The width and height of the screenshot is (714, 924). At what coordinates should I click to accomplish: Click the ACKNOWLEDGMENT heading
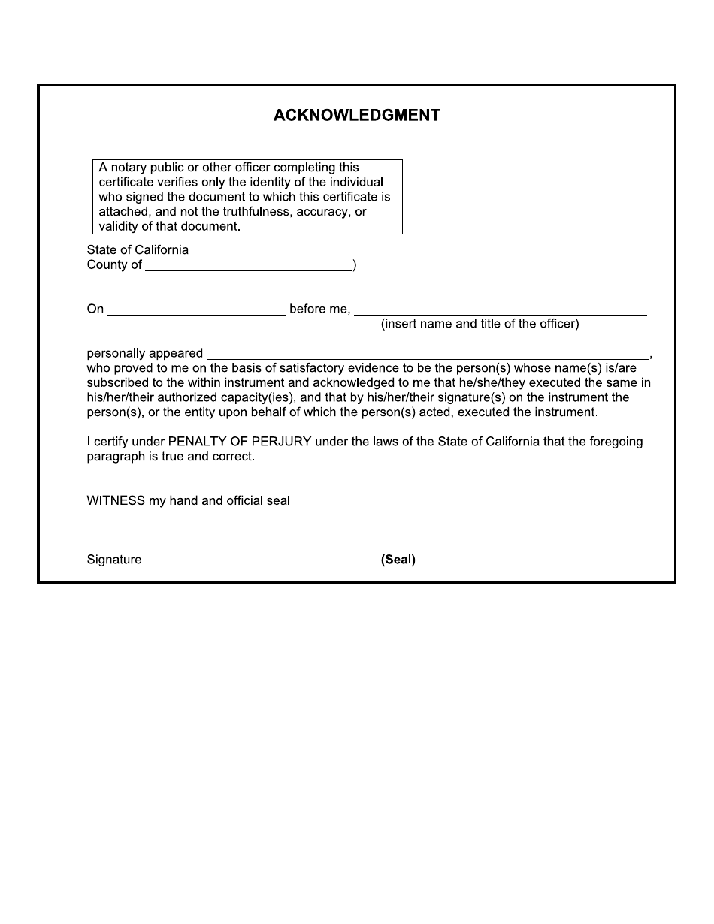(356, 116)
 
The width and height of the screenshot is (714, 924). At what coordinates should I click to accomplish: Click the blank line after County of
(249, 266)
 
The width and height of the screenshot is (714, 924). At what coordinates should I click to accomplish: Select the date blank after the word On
(196, 310)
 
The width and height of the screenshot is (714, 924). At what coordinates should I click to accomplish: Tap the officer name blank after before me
(500, 310)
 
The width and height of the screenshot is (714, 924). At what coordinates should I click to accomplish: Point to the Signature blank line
(252, 561)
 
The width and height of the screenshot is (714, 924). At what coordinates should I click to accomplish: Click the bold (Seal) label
(398, 560)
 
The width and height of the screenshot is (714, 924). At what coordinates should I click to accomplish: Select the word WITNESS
(116, 501)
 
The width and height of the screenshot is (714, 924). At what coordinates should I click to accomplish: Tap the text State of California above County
(138, 249)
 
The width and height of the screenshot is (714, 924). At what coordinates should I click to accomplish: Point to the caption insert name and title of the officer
(480, 324)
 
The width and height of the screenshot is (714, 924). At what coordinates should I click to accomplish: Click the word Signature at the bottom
(114, 560)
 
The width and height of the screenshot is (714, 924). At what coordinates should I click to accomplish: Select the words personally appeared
(145, 353)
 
